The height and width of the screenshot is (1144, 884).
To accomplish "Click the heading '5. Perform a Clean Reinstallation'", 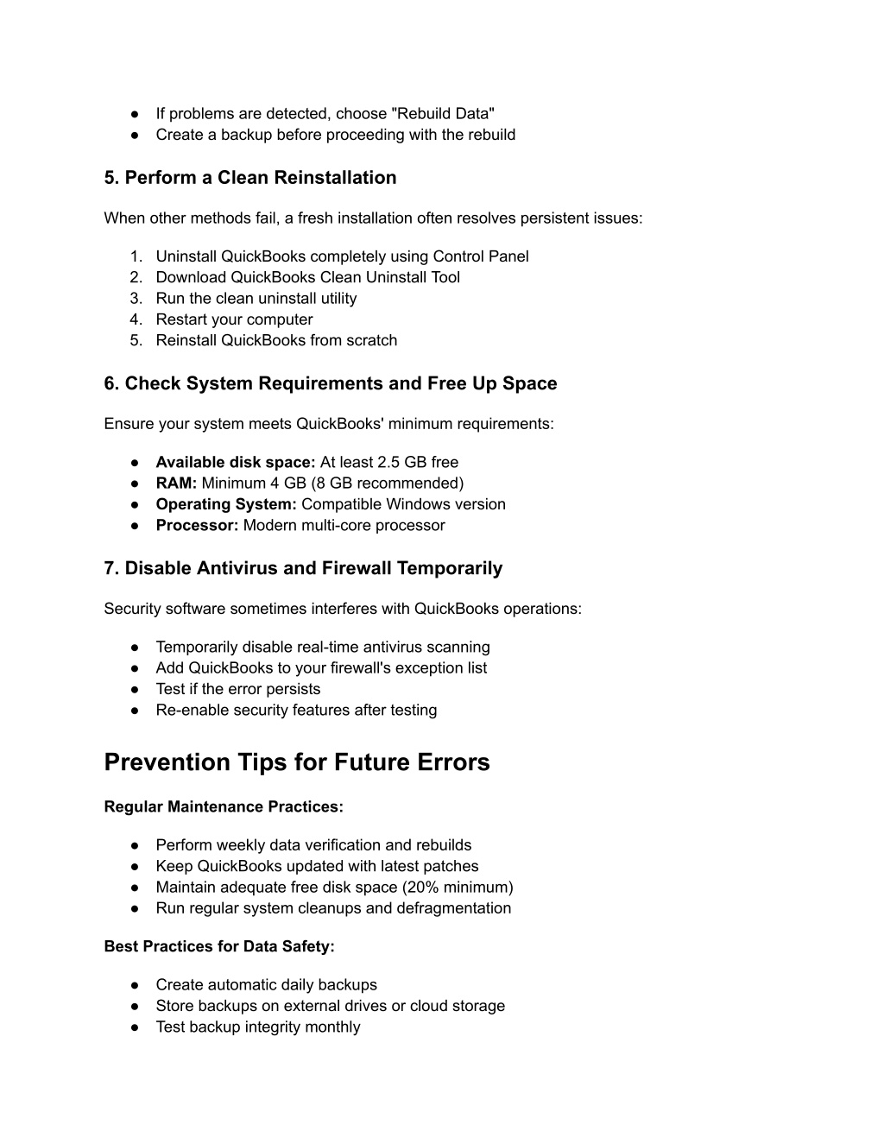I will click(250, 178).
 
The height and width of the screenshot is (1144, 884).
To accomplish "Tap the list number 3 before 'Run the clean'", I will click(136, 299).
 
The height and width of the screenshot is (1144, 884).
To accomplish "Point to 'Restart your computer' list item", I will click(234, 319).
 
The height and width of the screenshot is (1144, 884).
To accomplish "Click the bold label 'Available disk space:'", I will click(236, 463).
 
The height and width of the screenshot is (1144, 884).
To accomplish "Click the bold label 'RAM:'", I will click(176, 484).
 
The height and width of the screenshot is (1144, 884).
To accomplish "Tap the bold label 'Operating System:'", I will click(226, 504).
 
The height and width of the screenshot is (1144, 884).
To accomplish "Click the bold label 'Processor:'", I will click(197, 526).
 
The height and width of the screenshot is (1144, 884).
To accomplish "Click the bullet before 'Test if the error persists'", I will click(136, 690).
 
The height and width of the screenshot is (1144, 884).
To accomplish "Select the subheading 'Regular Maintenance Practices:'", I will click(224, 807).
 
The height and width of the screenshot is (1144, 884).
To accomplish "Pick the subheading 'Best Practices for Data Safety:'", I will click(219, 947).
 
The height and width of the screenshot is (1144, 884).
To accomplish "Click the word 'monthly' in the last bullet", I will click(333, 1027).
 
